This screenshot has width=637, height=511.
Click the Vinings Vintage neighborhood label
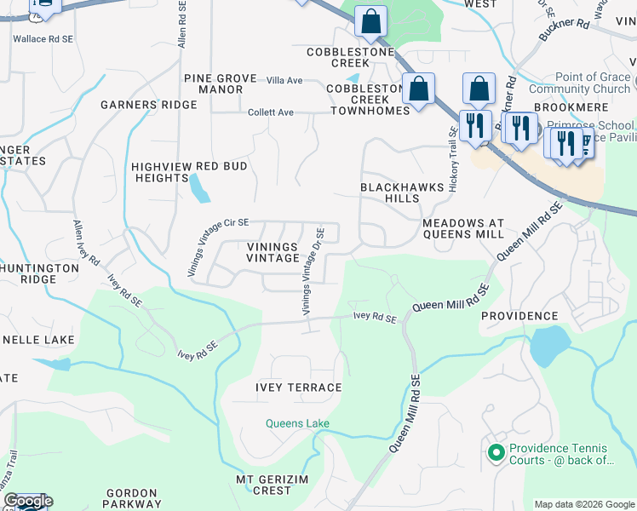[x=273, y=252]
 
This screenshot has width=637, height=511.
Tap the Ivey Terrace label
[x=299, y=388]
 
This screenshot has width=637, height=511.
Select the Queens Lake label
[x=296, y=423]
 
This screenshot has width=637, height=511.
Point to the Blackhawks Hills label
[x=390, y=192]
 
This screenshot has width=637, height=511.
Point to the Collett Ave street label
[x=270, y=112]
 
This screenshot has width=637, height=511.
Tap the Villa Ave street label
[x=284, y=80]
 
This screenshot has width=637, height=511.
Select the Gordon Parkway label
[x=132, y=499]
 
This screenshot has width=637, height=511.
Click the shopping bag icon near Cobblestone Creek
[x=370, y=21]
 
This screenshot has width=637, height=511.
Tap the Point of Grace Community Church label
[x=579, y=83]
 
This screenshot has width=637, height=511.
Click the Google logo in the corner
[x=27, y=501]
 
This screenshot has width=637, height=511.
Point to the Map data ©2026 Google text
[x=583, y=504]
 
